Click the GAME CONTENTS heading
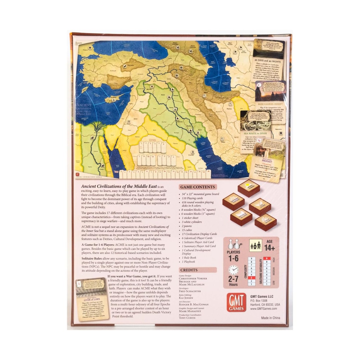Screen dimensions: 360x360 [198, 187]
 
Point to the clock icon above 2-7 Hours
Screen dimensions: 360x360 [233, 270]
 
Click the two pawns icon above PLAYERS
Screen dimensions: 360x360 [233, 245]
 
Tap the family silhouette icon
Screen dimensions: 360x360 [256, 245]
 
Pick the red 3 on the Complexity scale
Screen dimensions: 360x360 [251, 277]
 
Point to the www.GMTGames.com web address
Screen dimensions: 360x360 [264, 309]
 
